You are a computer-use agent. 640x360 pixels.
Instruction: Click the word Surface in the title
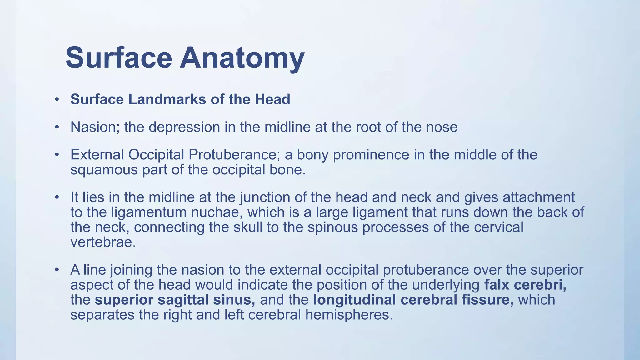119,58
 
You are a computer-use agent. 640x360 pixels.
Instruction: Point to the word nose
442,127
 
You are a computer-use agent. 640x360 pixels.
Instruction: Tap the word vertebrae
103,242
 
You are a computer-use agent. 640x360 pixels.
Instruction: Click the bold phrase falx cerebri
525,285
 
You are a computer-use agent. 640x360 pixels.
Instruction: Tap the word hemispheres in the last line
349,315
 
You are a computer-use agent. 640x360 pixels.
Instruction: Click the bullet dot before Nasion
57,127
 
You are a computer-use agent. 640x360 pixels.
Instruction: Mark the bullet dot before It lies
57,197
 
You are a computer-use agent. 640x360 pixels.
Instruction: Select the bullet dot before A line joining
57,270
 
